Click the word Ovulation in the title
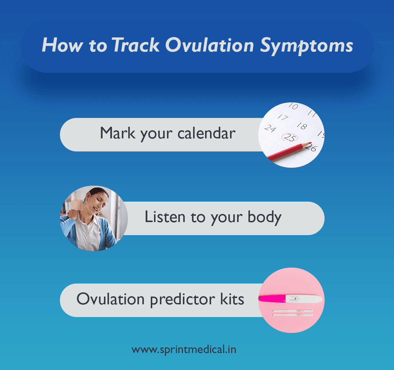[209, 46]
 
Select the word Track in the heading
[135, 46]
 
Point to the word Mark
[117, 134]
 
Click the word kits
[232, 299]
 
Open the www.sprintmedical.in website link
[184, 350]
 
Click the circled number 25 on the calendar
[290, 138]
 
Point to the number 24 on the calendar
[270, 128]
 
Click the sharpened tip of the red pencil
[309, 144]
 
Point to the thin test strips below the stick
[293, 312]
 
